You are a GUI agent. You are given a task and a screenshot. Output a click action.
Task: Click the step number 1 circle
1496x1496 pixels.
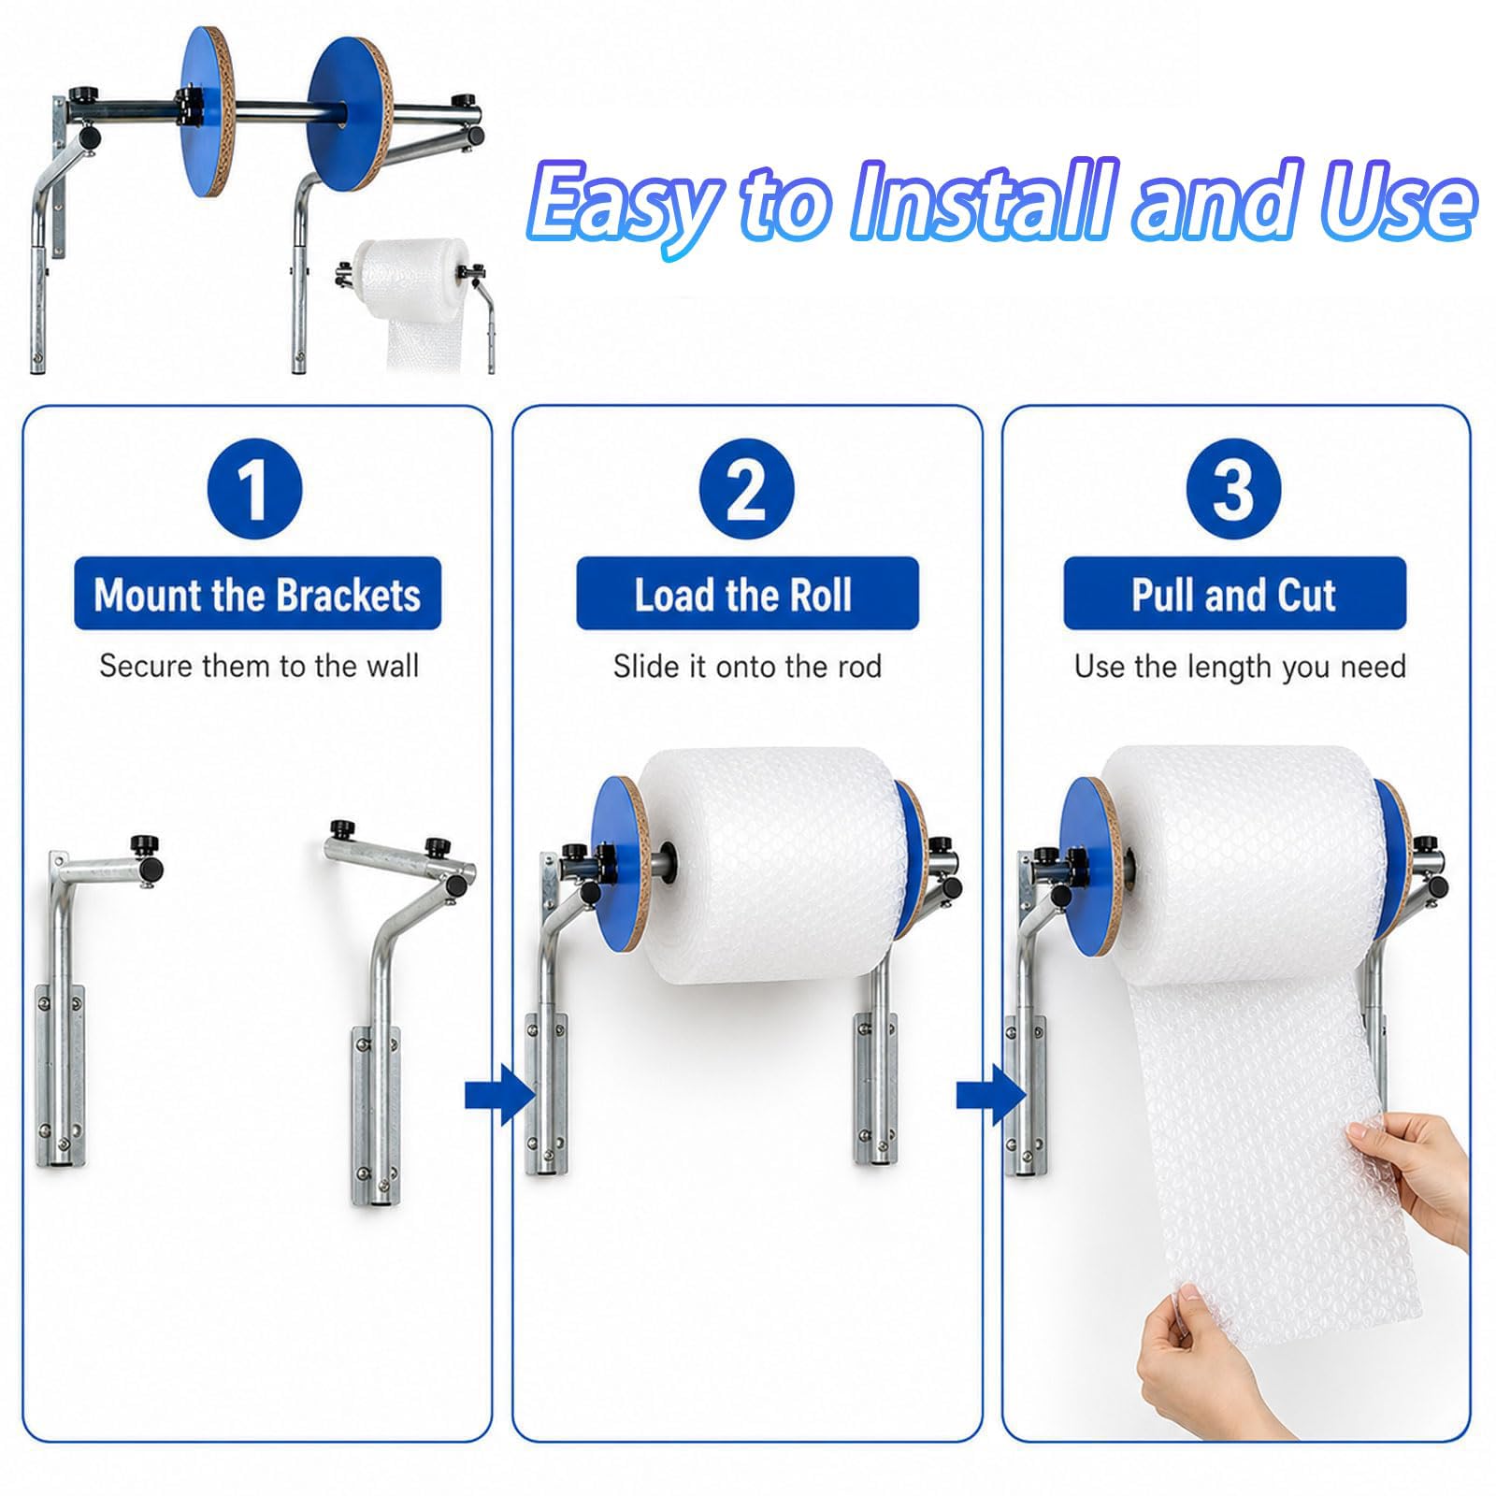tap(254, 489)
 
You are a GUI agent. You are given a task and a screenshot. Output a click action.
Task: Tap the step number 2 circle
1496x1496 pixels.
tap(746, 489)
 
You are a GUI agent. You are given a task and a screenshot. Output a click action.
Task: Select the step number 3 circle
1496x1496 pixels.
tap(1233, 489)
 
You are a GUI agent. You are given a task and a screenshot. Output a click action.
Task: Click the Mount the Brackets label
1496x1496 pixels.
tap(257, 594)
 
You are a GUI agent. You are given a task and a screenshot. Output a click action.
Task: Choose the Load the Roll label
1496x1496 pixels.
tap(747, 594)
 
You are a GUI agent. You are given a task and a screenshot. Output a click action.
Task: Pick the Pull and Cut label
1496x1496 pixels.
tap(1234, 594)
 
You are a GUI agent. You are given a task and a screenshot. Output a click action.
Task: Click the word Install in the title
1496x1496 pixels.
tap(987, 200)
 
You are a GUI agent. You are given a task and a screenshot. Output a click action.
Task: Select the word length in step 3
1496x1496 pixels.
tap(1231, 666)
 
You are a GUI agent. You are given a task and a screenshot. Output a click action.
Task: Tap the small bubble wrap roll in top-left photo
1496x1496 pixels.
tap(416, 276)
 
